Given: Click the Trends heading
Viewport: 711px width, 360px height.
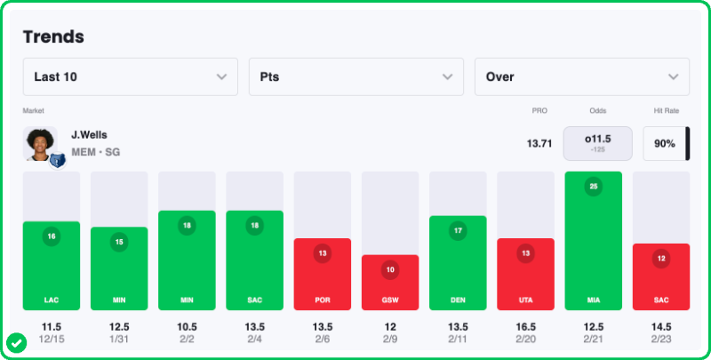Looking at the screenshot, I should point(53,36).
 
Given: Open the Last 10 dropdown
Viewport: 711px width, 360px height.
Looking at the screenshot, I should point(131,76).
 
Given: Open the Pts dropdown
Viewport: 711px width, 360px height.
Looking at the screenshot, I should point(356,76).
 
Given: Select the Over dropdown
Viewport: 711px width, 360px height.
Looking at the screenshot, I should point(582,76).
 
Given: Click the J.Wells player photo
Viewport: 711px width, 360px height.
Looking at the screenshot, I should point(41,144).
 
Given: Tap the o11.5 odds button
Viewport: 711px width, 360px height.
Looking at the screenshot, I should point(597,143).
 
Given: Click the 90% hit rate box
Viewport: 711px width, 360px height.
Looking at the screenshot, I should point(665,143).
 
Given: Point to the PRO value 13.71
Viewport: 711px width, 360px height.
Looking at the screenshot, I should point(539,143).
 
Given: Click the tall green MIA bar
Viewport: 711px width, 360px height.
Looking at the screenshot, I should point(593,240).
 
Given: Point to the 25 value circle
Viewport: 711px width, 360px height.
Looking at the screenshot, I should point(593,187).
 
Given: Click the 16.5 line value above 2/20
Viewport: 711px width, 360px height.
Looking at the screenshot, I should point(525,327).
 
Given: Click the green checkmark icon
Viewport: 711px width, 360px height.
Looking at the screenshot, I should point(15,342).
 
